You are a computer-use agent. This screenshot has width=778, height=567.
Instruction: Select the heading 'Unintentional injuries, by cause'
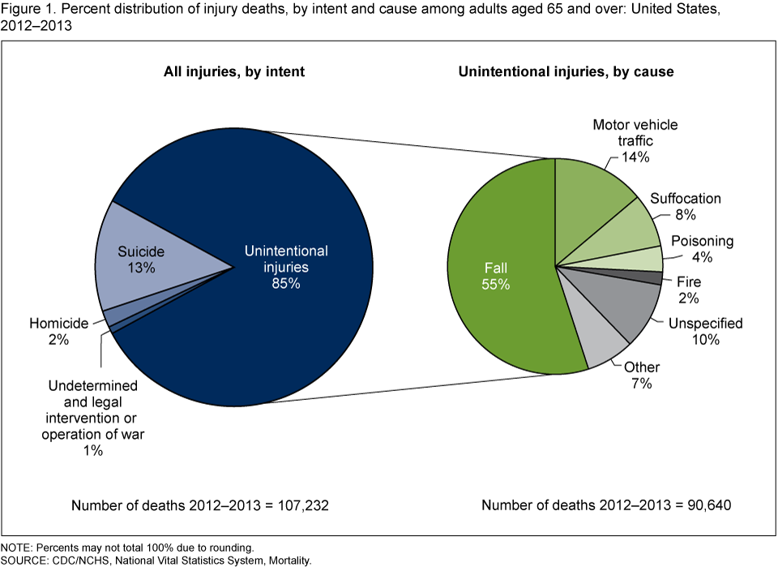[566, 71]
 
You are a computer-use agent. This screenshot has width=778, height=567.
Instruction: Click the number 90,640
[705, 505]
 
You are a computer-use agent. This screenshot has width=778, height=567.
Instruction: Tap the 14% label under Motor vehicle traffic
[636, 157]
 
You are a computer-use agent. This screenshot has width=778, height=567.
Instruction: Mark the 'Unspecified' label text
[704, 323]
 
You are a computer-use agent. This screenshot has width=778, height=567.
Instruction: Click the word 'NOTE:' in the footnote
[18, 547]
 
